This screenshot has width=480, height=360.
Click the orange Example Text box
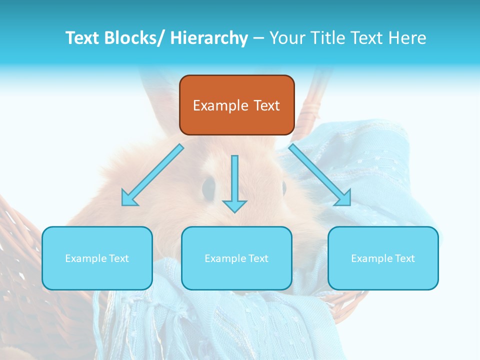pos(236,105)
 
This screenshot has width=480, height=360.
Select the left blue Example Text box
pos(97,258)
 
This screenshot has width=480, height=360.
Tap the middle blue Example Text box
pos(236,258)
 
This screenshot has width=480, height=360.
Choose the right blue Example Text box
pos(383,258)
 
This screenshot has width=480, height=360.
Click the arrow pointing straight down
pos(235,182)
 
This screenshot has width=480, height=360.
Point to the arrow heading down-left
pos(152,175)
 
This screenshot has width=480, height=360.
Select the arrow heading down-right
pos(320,175)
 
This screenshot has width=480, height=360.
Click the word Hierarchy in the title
pos(209,38)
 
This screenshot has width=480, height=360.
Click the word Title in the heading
pos(323,38)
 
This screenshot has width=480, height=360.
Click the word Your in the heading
pos(286,38)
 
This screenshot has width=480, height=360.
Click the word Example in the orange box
pos(220,105)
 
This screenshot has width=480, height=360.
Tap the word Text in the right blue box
pos(405,258)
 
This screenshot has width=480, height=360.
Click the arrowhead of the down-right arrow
pos(345,200)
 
